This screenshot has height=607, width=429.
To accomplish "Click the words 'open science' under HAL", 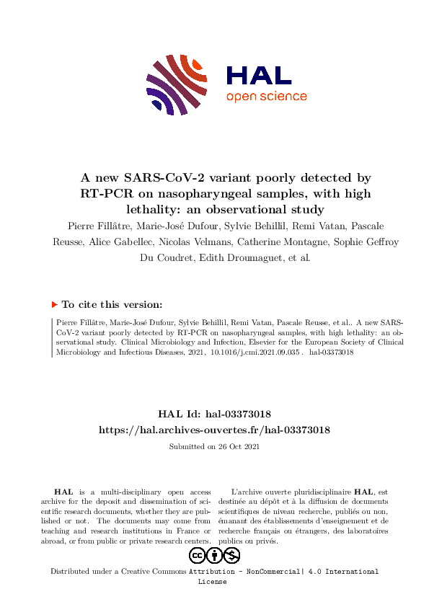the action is point(266,97).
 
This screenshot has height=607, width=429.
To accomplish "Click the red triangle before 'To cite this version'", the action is point(55,305).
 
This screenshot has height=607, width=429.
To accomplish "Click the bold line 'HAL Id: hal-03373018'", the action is point(214,413).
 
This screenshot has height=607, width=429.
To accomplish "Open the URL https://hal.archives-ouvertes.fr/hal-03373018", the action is point(214,429).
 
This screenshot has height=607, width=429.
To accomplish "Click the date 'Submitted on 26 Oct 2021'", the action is point(214,446).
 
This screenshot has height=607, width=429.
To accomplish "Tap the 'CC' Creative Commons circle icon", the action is point(197,555).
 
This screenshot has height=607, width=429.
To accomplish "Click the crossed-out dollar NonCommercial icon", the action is point(231,555).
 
